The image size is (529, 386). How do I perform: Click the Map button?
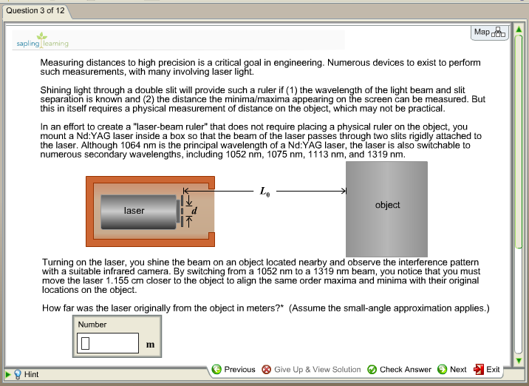point(489,33)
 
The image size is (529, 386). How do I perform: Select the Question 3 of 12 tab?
point(35,11)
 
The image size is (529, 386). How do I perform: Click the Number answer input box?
point(107,343)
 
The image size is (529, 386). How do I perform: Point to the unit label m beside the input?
point(151,345)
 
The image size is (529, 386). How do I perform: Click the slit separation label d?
point(194,211)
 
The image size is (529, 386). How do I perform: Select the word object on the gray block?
point(387,205)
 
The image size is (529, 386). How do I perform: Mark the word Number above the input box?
point(92,324)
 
